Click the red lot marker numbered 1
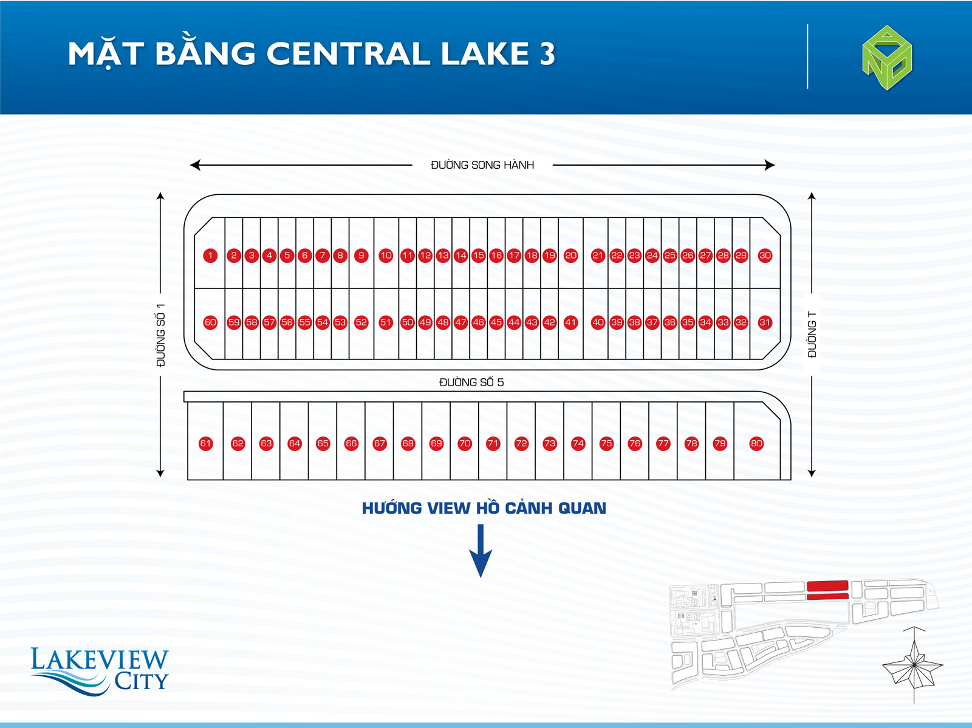[210, 256]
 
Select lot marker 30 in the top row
[765, 256]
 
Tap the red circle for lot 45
[496, 322]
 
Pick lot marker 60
[210, 322]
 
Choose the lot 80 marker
[756, 443]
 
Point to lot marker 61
[205, 443]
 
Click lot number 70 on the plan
[465, 443]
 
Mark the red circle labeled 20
[571, 256]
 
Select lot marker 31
[765, 322]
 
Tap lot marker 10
[386, 256]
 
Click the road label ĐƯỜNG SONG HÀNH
[482, 165]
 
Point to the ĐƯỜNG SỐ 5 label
[471, 382]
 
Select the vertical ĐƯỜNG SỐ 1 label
[161, 335]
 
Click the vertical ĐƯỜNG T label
[812, 335]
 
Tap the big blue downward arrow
[481, 551]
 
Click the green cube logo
[887, 58]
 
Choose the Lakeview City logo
[100, 670]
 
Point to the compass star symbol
[913, 665]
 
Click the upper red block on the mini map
[827, 586]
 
